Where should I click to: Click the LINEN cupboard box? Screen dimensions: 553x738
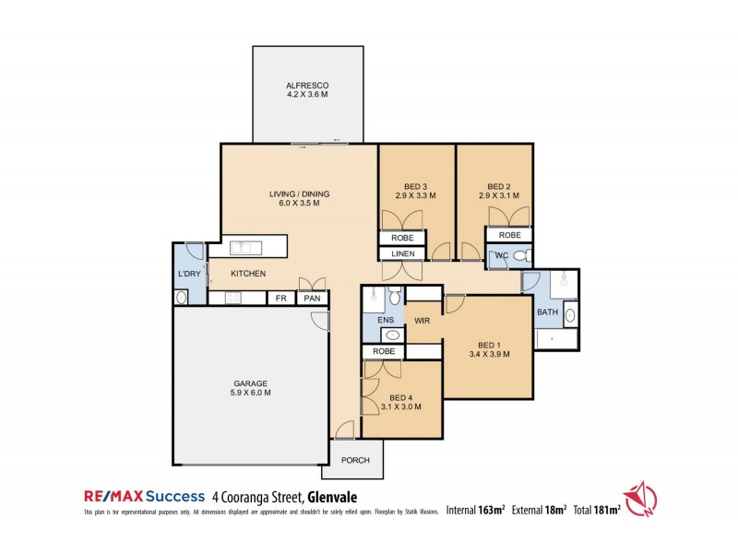pos(402,253)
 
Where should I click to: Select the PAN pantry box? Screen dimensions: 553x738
pos(312,299)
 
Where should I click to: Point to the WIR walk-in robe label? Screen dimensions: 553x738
pos(423,322)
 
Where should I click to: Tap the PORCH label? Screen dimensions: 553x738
pos(355,461)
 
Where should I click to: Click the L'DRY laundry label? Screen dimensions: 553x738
pos(189,275)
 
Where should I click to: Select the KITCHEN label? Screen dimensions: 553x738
pos(248,274)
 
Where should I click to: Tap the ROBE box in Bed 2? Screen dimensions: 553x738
pos(509,235)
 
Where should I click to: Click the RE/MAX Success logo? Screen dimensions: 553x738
pos(143,496)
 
